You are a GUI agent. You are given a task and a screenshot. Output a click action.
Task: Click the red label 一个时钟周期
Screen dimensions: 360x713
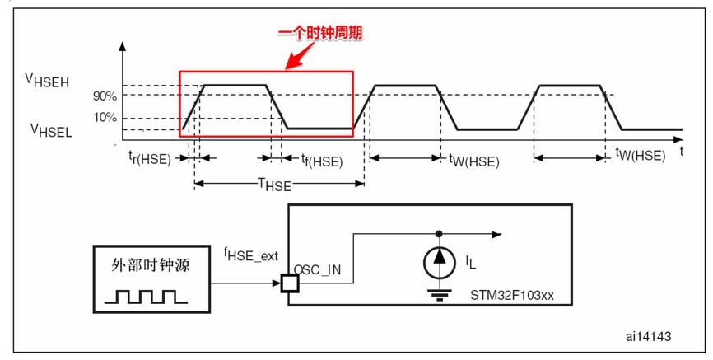click(320, 33)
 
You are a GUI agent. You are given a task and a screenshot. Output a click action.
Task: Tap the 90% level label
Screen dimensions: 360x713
click(104, 96)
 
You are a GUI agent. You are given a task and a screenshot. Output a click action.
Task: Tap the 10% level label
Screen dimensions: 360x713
click(105, 117)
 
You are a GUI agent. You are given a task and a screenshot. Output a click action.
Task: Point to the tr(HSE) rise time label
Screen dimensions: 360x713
click(149, 159)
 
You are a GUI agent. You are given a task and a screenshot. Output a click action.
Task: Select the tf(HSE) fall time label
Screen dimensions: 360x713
click(321, 160)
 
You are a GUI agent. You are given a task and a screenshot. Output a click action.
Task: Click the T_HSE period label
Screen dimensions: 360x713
click(274, 185)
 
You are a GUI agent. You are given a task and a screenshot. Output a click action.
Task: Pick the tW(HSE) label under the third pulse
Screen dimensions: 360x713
click(641, 155)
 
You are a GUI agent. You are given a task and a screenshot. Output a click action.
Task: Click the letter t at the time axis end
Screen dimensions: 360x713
click(682, 152)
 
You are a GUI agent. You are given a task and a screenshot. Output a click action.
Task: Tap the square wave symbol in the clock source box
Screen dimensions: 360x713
click(145, 294)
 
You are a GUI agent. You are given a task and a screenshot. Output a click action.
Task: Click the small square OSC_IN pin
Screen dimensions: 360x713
click(288, 283)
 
